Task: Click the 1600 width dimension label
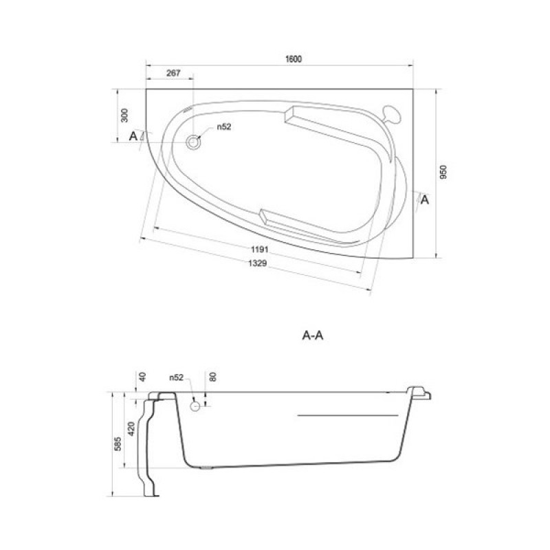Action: pyautogui.click(x=294, y=59)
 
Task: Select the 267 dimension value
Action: pyautogui.click(x=173, y=73)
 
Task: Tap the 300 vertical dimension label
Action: pyautogui.click(x=124, y=115)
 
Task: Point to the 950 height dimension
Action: pyautogui.click(x=443, y=173)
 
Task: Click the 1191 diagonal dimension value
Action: pyautogui.click(x=260, y=250)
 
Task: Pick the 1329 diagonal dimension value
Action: pyautogui.click(x=258, y=263)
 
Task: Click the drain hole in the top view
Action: pyautogui.click(x=193, y=142)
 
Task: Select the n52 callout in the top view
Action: pyautogui.click(x=224, y=126)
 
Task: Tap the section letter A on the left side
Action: pyautogui.click(x=133, y=136)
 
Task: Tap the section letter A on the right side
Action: pyautogui.click(x=425, y=200)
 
